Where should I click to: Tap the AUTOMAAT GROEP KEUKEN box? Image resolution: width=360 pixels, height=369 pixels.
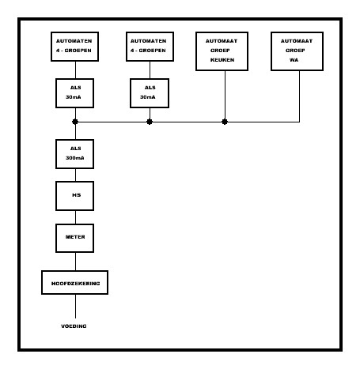[x=225, y=51]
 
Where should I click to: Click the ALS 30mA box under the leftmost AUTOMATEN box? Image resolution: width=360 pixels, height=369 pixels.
[x=75, y=92]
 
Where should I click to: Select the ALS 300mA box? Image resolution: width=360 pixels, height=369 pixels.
[x=75, y=153]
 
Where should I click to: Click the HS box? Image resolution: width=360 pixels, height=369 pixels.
[x=75, y=194]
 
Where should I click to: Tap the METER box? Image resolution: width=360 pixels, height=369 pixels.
[x=75, y=235]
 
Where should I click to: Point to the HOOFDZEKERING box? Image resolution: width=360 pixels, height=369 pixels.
[x=75, y=281]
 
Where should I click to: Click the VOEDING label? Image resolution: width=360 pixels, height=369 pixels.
[x=75, y=326]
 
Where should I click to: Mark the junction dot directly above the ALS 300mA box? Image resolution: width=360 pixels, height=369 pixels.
[x=75, y=122]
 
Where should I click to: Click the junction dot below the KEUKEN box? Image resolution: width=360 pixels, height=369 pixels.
[x=225, y=122]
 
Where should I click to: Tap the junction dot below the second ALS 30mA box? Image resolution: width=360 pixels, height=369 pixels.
[x=150, y=122]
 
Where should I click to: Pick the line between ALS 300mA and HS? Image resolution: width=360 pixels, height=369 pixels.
[x=75, y=174]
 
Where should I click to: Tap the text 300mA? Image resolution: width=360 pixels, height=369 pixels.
[x=75, y=158]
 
